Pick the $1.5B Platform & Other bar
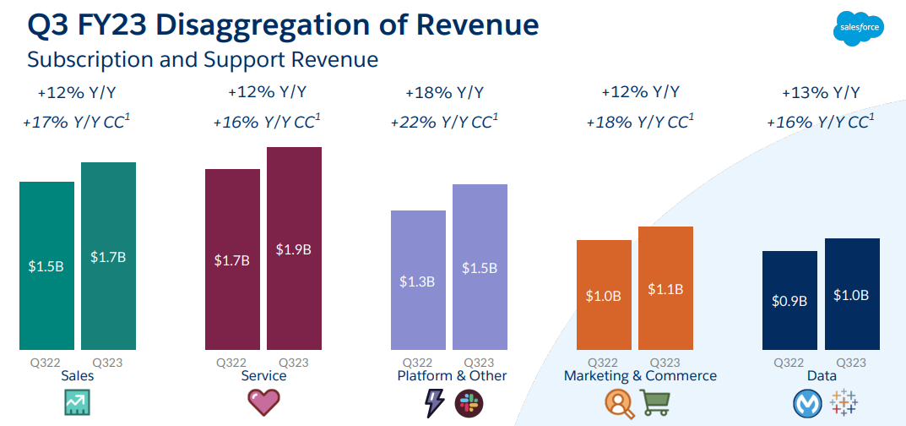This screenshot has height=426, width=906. [480, 266]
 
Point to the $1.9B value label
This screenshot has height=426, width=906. [294, 249]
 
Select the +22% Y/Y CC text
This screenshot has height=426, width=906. [444, 122]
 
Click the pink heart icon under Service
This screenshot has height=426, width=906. [263, 402]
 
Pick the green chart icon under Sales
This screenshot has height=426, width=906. [78, 403]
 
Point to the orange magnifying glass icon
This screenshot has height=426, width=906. [620, 403]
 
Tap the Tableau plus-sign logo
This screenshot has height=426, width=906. [845, 403]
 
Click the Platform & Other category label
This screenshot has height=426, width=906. [452, 376]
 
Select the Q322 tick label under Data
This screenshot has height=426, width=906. [789, 362]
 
